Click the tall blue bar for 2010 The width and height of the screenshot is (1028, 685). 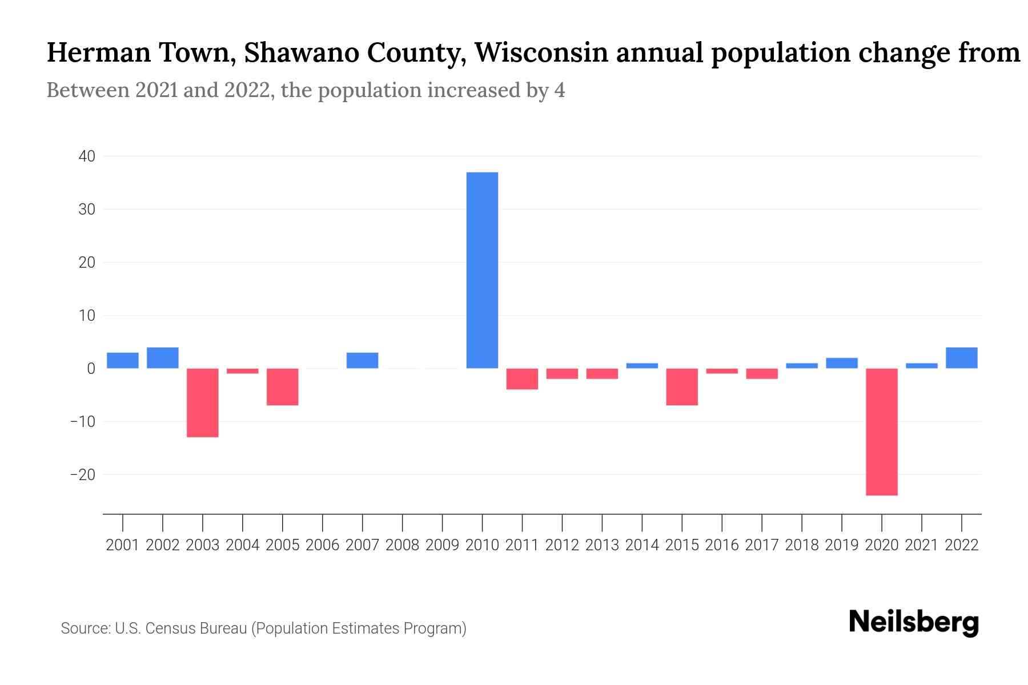click(482, 270)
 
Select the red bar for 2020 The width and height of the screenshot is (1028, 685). click(882, 432)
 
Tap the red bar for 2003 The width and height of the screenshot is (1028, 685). click(203, 402)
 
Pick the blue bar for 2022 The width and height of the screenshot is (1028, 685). click(962, 358)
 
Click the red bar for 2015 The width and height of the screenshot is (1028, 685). click(682, 386)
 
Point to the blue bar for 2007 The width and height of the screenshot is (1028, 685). click(362, 360)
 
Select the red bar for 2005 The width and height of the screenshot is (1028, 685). click(283, 386)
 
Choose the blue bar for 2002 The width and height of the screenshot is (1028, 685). click(163, 358)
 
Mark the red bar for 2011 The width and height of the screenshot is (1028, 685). click(522, 378)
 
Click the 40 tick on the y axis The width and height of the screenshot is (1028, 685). click(87, 156)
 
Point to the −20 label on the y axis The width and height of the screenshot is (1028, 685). click(82, 475)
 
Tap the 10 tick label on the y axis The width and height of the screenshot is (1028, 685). click(87, 316)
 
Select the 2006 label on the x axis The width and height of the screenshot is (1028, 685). click(323, 545)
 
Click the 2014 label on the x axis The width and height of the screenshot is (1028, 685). click(642, 545)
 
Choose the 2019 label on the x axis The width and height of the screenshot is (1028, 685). click(842, 545)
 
